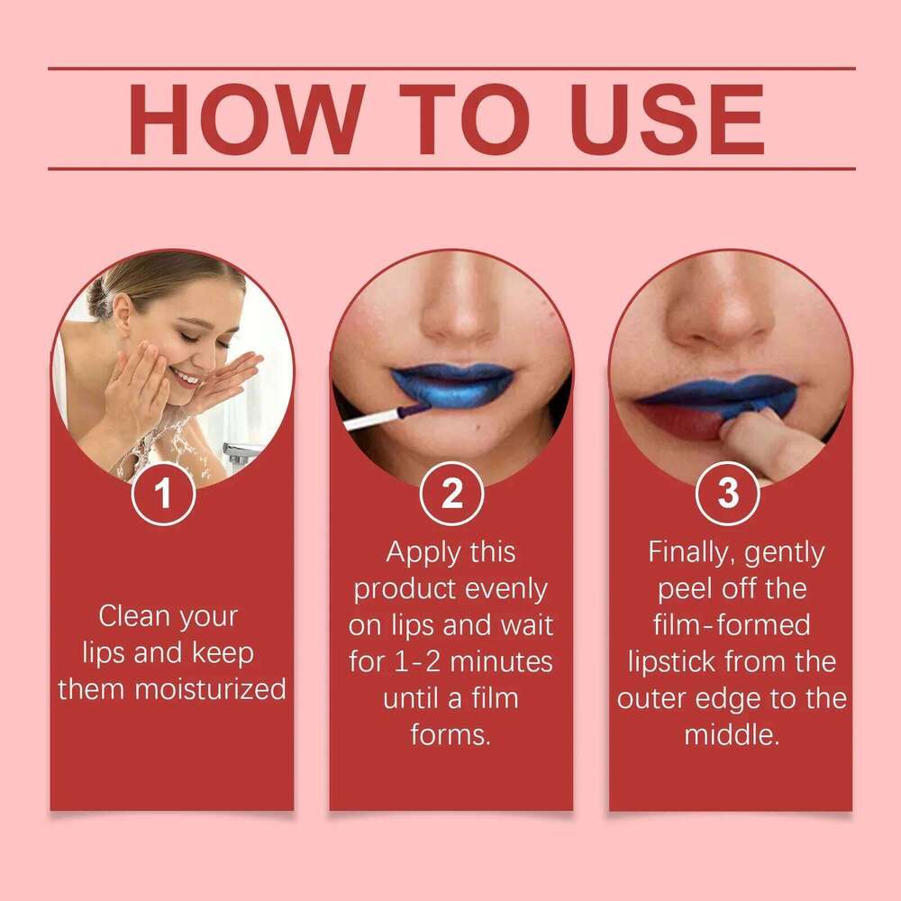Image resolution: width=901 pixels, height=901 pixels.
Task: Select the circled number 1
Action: pos(163,494)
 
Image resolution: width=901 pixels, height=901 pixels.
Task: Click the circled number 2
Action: pos(451,494)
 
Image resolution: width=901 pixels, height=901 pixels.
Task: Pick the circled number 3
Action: pos(728,494)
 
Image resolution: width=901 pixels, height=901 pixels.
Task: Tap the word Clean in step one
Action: pos(136,617)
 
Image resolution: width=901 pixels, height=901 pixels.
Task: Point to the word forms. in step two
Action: pos(450,734)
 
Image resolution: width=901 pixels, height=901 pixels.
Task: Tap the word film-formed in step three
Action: pos(731,625)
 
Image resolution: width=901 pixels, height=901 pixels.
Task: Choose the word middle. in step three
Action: pos(731,734)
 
